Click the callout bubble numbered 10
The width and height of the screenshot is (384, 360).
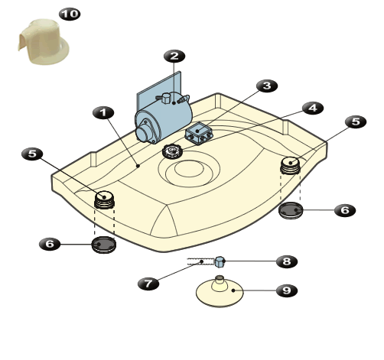click(x=70, y=14)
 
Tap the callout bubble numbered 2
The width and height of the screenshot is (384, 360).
click(x=174, y=56)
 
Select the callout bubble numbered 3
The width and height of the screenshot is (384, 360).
click(x=267, y=86)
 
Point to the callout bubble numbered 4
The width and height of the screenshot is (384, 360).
click(x=313, y=108)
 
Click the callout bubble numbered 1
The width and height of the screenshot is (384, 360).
click(x=103, y=112)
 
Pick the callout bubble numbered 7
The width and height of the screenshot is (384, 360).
click(x=148, y=284)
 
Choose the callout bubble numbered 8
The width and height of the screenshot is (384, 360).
click(x=287, y=261)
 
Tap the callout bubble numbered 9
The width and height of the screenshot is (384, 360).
click(x=287, y=290)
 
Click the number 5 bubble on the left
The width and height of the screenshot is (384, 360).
click(x=32, y=154)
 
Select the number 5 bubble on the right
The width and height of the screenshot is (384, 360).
click(x=356, y=122)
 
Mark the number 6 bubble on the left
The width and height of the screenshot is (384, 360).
click(x=50, y=244)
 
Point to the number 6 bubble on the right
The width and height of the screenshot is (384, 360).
click(x=345, y=210)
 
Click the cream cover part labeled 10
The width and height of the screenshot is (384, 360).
click(x=44, y=42)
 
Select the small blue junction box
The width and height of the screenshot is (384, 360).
click(x=199, y=133)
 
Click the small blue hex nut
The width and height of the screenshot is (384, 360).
click(x=220, y=262)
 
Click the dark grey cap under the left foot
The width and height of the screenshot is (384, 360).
click(x=104, y=245)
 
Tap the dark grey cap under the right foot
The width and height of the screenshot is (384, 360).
click(x=291, y=210)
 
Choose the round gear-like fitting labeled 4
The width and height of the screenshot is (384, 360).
click(x=172, y=151)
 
